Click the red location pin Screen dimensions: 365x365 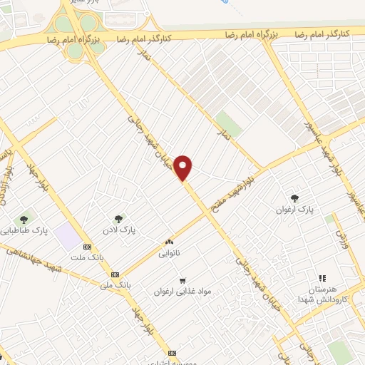click(184, 167)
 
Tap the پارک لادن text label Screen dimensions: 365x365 click(118, 230)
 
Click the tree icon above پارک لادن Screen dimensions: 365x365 click(118, 218)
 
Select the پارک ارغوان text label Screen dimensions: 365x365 click(295, 210)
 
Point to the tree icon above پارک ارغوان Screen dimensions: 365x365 click(295, 198)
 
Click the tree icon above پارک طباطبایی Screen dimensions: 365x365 click(25, 219)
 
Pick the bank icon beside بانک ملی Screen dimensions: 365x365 click(115, 274)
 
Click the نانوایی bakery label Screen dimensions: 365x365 click(170, 253)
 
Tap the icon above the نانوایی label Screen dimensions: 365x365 click(170, 243)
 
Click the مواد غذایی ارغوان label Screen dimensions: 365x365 click(182, 292)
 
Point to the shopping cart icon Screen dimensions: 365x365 click(183, 280)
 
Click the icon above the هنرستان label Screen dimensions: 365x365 click(322, 277)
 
